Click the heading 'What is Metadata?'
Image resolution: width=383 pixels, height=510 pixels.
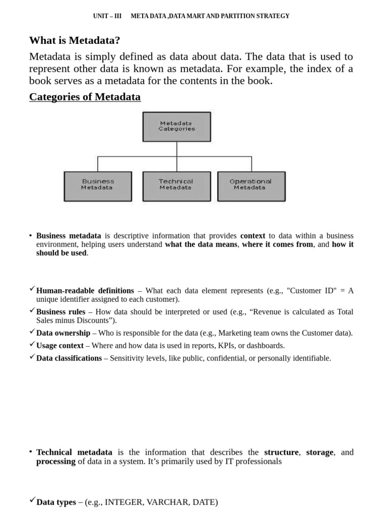point(74,40)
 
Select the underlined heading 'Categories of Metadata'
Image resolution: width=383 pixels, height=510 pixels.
point(85,97)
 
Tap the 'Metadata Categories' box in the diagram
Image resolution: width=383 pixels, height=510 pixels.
point(177,126)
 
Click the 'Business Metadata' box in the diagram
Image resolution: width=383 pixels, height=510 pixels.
point(98,186)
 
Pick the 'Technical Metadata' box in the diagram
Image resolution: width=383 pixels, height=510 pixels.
point(176,186)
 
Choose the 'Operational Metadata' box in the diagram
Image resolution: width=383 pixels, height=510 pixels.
point(251,186)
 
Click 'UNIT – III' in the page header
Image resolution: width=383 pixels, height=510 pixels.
point(107,16)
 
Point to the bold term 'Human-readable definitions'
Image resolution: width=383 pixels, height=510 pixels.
point(85,290)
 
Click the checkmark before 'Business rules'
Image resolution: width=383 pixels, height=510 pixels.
point(32,311)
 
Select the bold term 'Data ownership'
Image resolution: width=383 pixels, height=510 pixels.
point(63,333)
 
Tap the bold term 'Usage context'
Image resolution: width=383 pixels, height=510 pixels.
point(60,346)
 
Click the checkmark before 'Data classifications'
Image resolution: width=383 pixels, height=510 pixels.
point(32,357)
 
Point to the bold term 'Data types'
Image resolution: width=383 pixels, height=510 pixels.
point(56,502)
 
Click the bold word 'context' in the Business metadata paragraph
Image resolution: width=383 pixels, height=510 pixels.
point(252,236)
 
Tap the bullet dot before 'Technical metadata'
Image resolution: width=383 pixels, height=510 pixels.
point(31,452)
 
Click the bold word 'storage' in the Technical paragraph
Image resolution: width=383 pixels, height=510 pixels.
point(319,452)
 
